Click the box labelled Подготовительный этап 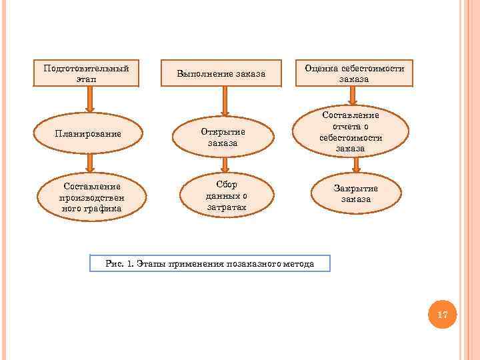click(86, 73)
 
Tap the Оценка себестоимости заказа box click(354, 73)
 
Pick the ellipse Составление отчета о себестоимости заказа click(351, 132)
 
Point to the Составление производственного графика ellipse click(91, 197)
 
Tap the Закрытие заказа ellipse click(355, 193)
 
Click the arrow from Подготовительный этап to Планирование click(89, 99)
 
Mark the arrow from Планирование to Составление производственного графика click(90, 163)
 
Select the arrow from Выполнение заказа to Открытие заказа click(225, 102)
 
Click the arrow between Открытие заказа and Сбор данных click(225, 164)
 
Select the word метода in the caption click(297, 264)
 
